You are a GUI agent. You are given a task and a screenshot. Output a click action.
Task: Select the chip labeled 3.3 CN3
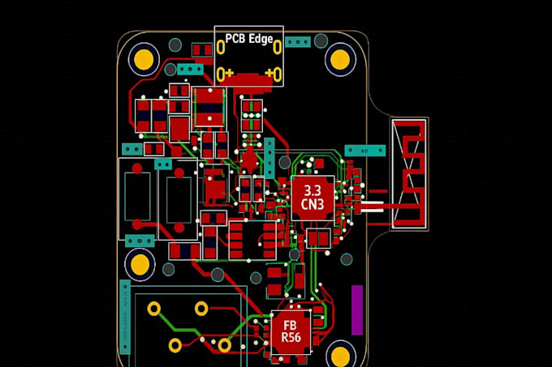[x=313, y=198]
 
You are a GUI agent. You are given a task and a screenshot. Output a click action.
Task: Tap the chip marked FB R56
[x=291, y=331]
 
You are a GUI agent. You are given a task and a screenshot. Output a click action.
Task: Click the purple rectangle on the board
[x=356, y=309]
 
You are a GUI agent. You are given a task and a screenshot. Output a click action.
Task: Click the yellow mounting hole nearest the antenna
[x=341, y=59]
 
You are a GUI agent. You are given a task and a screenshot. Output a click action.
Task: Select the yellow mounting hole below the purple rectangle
[x=341, y=355]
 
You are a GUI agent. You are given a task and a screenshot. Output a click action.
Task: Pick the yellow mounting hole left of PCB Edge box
[x=144, y=58]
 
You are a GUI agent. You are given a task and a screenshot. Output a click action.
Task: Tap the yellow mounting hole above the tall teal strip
[x=140, y=264]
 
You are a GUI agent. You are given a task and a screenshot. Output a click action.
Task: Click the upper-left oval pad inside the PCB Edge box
[x=221, y=48]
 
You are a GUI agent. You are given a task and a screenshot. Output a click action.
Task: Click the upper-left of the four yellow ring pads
[x=153, y=309]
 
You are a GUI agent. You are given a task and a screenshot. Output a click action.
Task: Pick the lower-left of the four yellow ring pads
[x=175, y=345]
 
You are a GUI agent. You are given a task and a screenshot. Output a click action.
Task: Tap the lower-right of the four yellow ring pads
[x=224, y=345]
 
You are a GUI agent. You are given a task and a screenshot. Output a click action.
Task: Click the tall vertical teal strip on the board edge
[x=125, y=316]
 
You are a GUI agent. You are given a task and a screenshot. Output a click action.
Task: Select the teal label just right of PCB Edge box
[x=298, y=41]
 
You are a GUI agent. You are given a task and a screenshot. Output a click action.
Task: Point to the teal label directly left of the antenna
[x=364, y=151]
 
